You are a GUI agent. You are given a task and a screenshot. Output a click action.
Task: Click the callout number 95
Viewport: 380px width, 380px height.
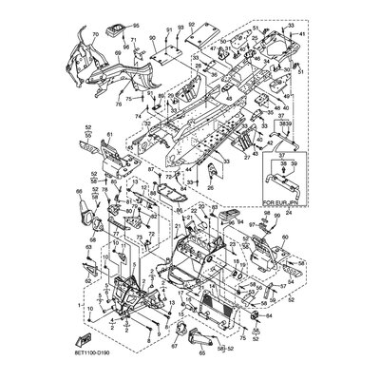pos(135,26)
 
